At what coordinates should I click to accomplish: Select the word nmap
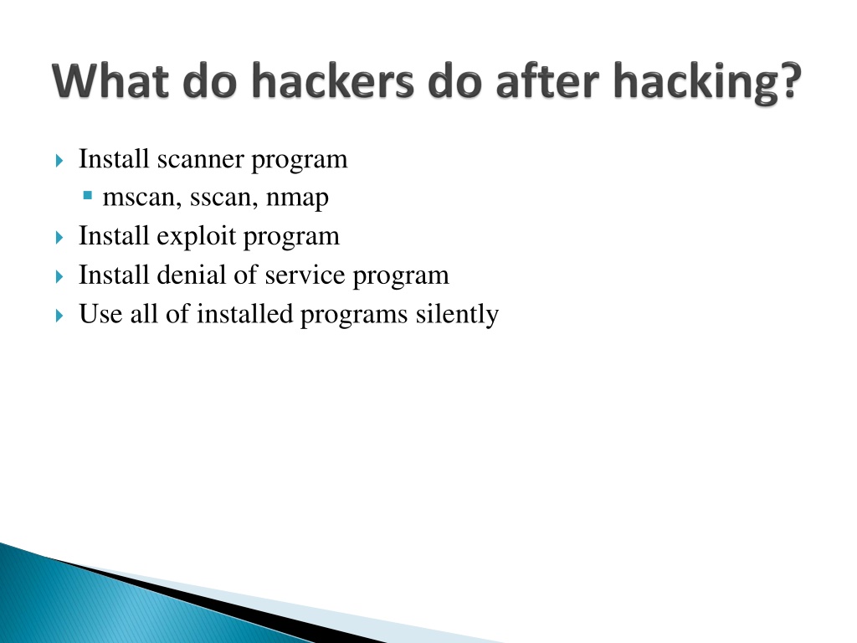[297, 199]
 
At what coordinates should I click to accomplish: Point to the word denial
[191, 275]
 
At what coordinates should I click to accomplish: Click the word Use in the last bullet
[100, 315]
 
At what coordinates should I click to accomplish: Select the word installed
[245, 315]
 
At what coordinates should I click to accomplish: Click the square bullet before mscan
[87, 195]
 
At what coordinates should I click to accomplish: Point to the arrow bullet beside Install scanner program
[59, 161]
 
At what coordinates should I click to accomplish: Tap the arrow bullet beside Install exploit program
[59, 238]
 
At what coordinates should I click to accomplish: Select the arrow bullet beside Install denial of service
[59, 276]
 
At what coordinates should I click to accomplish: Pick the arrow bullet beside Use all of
[59, 316]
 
